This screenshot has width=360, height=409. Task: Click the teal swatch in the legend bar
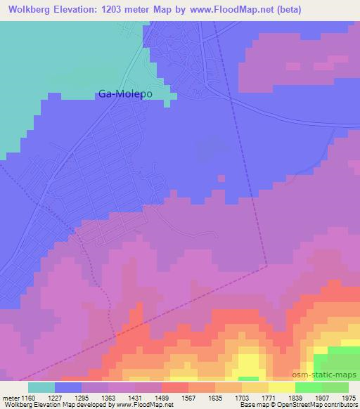41,387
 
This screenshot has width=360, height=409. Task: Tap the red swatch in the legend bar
174,387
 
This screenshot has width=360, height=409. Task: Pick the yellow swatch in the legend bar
281,387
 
